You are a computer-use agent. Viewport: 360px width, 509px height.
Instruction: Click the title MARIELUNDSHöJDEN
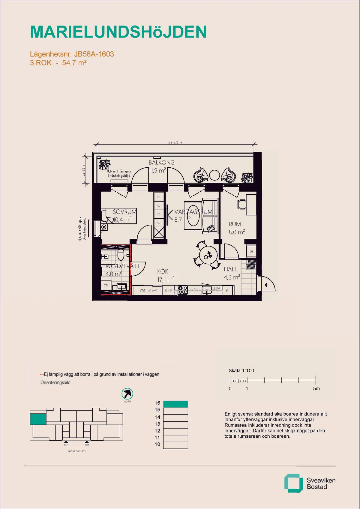click(118, 32)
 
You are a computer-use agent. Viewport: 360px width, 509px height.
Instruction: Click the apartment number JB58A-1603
click(94, 54)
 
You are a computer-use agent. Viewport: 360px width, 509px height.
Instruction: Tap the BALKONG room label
click(161, 163)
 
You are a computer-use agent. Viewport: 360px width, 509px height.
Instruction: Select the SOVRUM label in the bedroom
click(124, 212)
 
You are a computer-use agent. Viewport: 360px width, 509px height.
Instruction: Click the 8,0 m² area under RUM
click(237, 232)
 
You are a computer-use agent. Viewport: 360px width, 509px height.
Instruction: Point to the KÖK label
click(163, 271)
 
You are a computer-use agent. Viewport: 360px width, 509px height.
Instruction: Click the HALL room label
click(230, 269)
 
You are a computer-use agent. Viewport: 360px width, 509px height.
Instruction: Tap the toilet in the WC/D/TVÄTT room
click(121, 254)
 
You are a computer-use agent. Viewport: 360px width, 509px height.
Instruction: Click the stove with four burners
click(183, 290)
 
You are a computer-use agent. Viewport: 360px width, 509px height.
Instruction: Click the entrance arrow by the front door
click(266, 285)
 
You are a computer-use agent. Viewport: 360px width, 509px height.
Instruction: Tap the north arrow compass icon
click(127, 394)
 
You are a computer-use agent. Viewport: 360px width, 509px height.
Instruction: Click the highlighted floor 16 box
click(175, 404)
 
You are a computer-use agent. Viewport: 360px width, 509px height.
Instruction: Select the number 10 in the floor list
click(157, 444)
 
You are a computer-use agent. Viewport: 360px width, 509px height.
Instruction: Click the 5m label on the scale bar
click(316, 388)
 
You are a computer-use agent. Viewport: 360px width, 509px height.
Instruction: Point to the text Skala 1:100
click(241, 370)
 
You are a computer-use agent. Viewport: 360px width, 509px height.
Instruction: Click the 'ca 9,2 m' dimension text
click(175, 142)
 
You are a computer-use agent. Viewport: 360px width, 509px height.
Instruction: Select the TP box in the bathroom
click(106, 286)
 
